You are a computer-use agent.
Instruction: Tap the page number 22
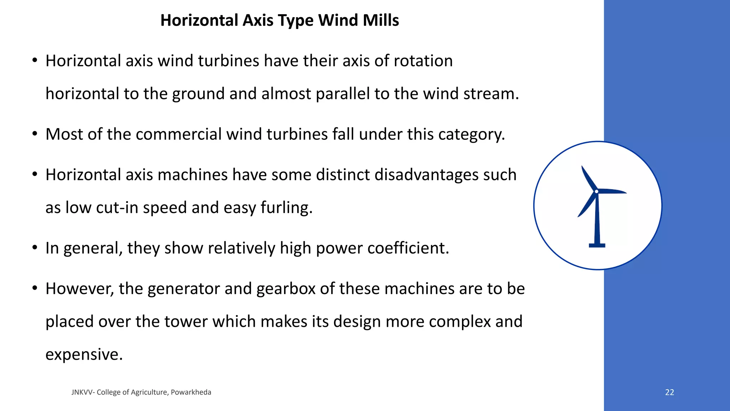669,392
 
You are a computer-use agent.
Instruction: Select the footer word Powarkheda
191,392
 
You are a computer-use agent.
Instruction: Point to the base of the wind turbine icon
597,245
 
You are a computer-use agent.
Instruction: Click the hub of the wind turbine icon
597,192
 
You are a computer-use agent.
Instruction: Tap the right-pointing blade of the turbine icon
612,191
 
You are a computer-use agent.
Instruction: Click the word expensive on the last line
84,354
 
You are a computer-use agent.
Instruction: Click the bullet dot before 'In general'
35,247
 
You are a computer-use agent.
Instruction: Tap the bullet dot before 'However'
35,288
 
